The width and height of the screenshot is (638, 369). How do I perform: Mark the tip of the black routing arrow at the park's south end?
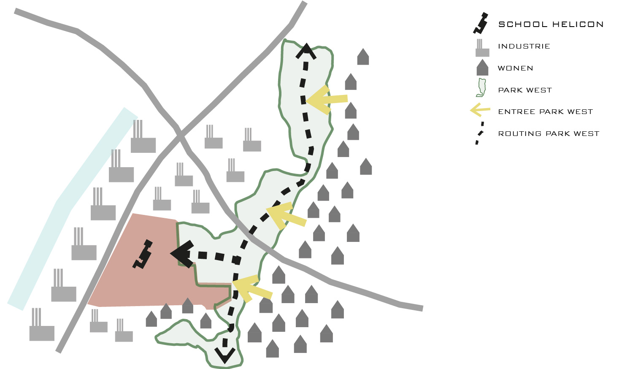pyautogui.click(x=225, y=364)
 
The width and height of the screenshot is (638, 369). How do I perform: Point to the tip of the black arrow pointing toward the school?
pyautogui.click(x=170, y=253)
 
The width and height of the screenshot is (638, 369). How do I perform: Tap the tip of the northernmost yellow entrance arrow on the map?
pyautogui.click(x=306, y=100)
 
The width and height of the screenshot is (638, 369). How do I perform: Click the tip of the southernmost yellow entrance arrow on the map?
pyautogui.click(x=232, y=282)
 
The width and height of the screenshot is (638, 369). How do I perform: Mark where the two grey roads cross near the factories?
pyautogui.click(x=179, y=136)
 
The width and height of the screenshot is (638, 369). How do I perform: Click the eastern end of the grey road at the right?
pyautogui.click(x=422, y=308)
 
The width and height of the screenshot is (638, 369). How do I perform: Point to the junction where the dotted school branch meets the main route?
pyautogui.click(x=237, y=260)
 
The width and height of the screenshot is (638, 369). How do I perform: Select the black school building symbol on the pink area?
pyautogui.click(x=143, y=254)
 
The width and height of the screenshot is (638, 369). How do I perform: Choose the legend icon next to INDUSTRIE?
pyautogui.click(x=482, y=48)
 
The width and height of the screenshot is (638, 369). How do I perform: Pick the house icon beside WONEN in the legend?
pyautogui.click(x=482, y=68)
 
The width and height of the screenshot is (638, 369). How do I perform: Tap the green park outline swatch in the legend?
pyautogui.click(x=481, y=87)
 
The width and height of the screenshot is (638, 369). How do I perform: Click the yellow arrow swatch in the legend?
pyautogui.click(x=480, y=110)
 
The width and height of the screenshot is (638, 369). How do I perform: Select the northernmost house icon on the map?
pyautogui.click(x=363, y=57)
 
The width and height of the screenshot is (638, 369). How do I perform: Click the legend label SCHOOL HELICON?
pyautogui.click(x=551, y=24)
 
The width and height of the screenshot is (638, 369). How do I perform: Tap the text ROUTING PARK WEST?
pyautogui.click(x=549, y=133)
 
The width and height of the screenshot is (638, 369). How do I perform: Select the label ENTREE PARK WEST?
pyautogui.click(x=546, y=111)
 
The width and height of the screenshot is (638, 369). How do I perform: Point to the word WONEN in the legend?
pyautogui.click(x=515, y=68)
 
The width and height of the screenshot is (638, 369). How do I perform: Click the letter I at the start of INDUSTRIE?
pyautogui.click(x=499, y=46)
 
